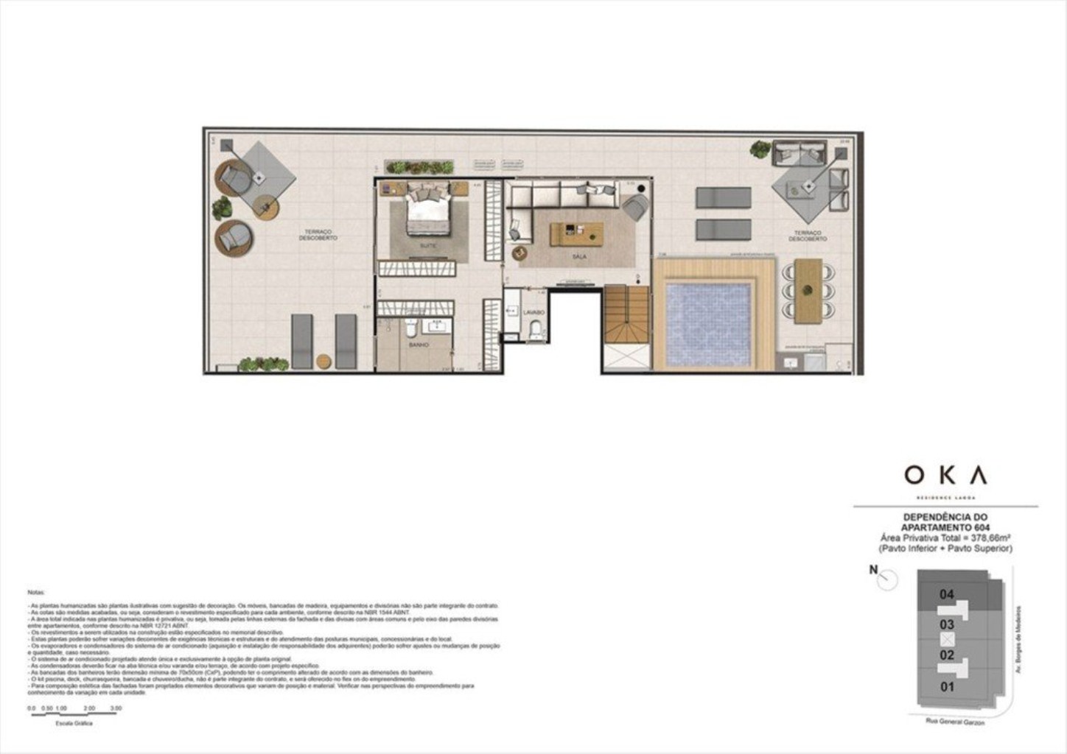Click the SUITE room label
(x=427, y=245)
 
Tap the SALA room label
(x=579, y=257)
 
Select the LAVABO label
(x=533, y=312)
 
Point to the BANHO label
(x=419, y=345)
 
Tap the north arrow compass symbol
(x=887, y=581)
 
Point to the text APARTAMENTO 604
(x=946, y=528)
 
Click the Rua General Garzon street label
(x=955, y=722)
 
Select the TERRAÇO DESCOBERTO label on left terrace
(x=318, y=235)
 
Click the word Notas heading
(x=36, y=592)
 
